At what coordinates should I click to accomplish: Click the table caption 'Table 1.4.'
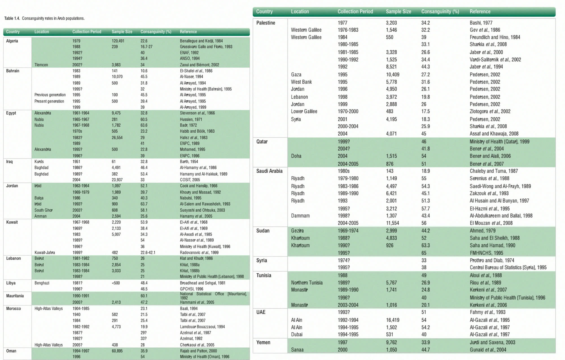12,18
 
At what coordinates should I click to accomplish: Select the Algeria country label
12,41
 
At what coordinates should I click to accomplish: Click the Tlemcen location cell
41,65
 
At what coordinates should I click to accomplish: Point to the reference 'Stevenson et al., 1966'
197,113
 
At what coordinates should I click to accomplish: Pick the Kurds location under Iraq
39,162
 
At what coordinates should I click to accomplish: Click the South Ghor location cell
43,210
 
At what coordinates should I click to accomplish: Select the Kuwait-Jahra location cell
45,253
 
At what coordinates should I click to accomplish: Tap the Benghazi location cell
42,283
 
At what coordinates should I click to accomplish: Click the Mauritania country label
15,296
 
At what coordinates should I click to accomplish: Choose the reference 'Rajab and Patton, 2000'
198,351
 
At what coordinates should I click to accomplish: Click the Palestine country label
266,23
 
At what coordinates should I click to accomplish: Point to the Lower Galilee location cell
304,111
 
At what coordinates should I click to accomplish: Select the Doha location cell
296,156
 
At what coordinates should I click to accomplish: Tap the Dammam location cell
300,216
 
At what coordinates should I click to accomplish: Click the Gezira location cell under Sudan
297,231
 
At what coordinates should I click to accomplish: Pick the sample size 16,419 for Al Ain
393,320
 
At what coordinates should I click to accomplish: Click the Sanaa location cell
297,350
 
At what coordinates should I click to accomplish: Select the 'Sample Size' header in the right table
398,12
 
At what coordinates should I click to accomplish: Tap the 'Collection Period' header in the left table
87,32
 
